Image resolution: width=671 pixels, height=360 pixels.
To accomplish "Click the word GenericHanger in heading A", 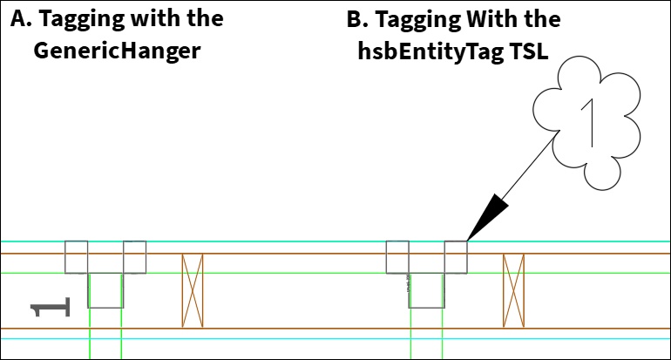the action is (117, 51).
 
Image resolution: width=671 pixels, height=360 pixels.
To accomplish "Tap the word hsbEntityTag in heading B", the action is (430, 51).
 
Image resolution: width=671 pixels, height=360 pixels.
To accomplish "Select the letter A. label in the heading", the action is (21, 18).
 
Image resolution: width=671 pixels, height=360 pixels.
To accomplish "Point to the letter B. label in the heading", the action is (357, 19).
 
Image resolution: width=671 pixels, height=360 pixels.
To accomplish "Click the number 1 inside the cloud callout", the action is (588, 123).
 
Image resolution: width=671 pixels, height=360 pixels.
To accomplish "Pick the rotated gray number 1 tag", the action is (50, 307).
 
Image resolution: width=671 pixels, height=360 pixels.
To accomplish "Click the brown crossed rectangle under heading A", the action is (193, 290).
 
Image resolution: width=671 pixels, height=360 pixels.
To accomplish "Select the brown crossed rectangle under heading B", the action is (513, 290).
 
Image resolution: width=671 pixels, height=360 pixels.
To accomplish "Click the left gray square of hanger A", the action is (76, 257).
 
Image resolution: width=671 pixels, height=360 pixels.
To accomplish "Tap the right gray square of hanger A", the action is (135, 257).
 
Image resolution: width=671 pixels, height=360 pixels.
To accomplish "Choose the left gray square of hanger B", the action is (397, 257).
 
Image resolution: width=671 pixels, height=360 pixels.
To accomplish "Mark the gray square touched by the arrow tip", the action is (456, 257).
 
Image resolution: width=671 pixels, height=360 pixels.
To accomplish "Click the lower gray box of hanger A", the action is (105, 308).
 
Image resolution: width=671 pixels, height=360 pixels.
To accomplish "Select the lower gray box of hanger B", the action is (427, 308).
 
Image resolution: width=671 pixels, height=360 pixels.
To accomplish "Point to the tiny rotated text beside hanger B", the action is (408, 283).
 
